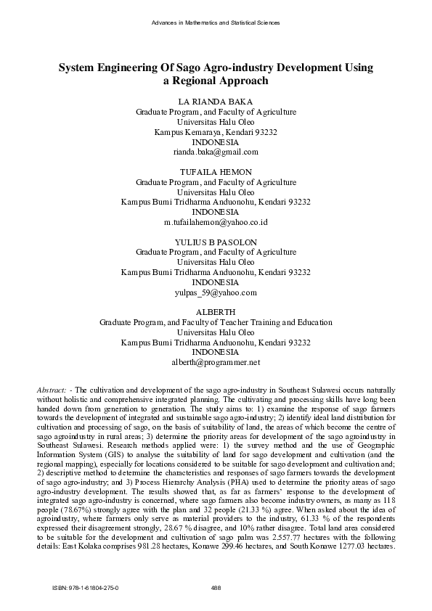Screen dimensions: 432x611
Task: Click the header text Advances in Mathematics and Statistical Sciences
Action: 216,23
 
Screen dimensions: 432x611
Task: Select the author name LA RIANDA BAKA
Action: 216,102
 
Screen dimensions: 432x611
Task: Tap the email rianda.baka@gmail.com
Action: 216,152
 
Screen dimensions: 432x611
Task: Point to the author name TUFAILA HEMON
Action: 216,171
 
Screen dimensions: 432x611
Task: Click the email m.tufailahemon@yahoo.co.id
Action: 216,222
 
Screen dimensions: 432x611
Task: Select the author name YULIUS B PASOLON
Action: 216,242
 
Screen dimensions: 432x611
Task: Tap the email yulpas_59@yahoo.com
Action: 216,292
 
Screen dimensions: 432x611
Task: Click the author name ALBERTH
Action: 216,312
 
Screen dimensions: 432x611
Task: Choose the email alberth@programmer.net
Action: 216,362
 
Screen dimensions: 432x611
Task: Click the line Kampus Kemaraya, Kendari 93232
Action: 216,132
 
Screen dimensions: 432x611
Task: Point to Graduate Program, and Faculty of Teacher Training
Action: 216,322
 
